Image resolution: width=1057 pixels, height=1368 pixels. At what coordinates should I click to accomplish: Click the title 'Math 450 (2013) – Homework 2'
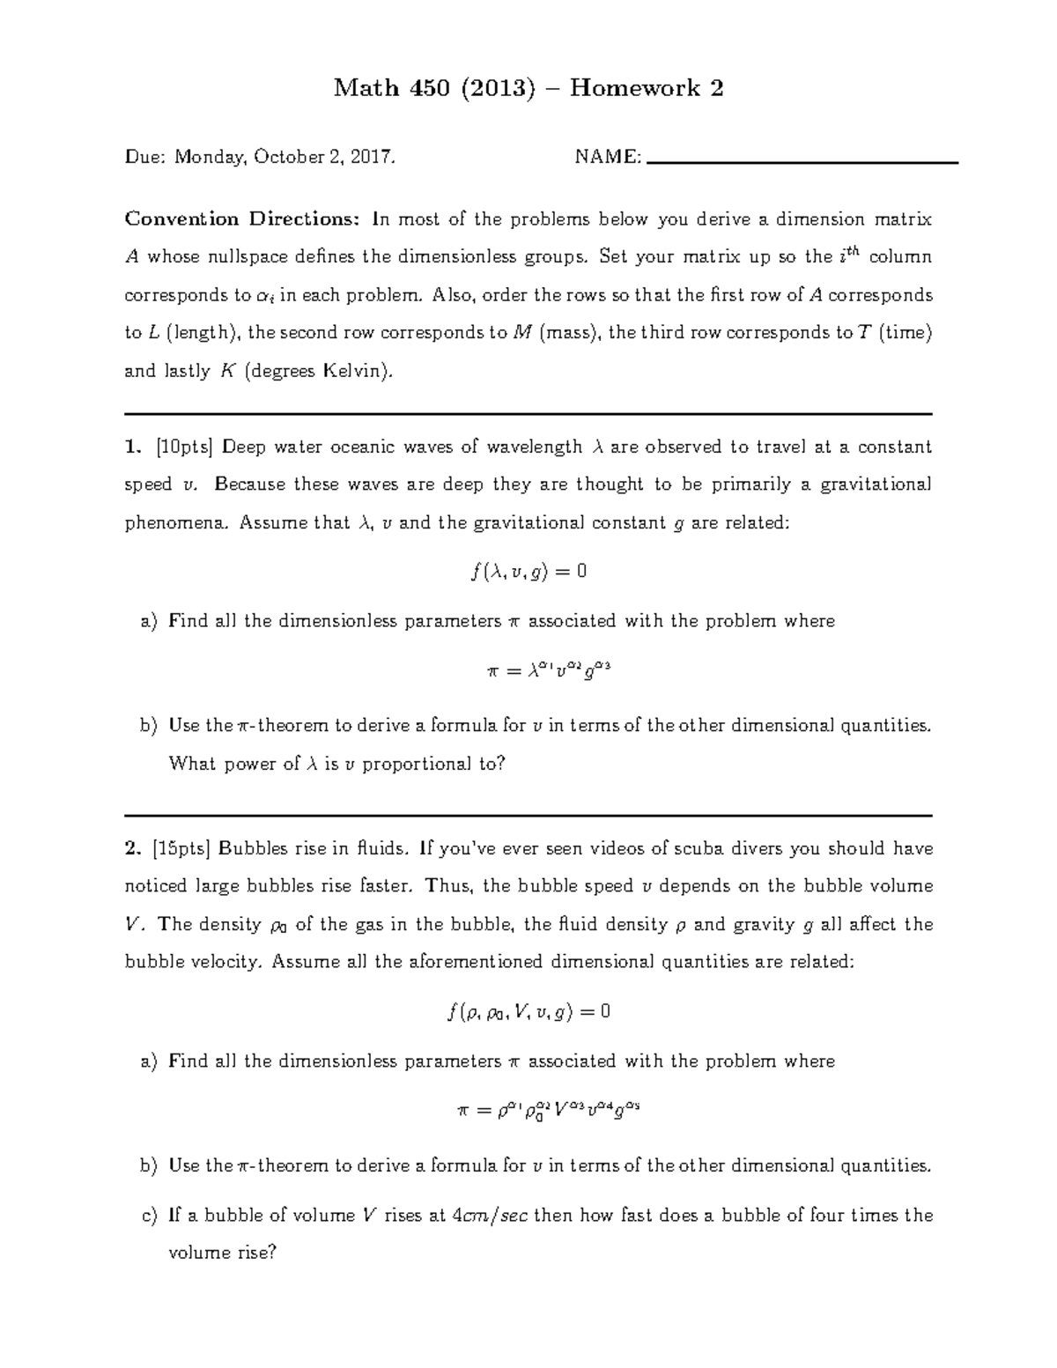[528, 88]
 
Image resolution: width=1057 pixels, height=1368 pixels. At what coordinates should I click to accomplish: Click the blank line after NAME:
[802, 162]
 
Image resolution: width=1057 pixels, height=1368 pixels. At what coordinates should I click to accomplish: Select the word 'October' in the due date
[285, 158]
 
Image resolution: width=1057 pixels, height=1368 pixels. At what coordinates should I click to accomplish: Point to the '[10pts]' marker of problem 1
[184, 447]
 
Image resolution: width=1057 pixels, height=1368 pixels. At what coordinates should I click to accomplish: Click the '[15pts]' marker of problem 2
[181, 848]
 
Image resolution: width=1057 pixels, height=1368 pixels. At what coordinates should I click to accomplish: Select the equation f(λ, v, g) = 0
[528, 572]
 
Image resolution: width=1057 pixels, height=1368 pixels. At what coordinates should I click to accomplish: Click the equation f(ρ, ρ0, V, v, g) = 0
[528, 1012]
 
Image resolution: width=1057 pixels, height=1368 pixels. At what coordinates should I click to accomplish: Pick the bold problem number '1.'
[133, 447]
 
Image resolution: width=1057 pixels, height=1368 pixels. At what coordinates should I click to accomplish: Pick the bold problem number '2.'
[133, 848]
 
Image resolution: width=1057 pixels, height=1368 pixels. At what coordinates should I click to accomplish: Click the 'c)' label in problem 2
[149, 1216]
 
